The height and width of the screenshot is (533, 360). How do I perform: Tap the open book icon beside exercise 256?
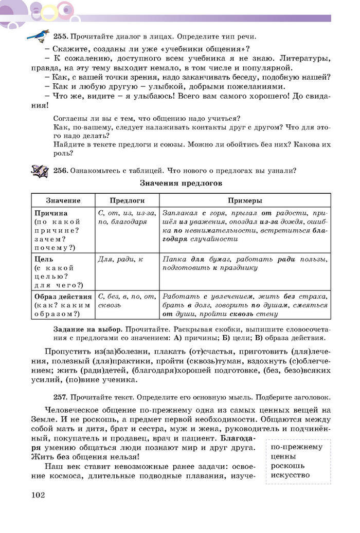click(40, 170)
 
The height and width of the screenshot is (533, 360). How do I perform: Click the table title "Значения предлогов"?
click(180, 183)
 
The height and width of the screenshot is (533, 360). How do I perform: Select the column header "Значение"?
click(63, 200)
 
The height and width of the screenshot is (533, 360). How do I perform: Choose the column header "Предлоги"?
click(127, 200)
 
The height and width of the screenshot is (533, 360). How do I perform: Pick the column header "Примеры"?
click(245, 200)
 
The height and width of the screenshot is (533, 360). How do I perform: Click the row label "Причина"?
click(50, 213)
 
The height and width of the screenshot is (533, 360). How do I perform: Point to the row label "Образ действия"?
click(63, 297)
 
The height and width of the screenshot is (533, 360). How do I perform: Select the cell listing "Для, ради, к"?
click(120, 260)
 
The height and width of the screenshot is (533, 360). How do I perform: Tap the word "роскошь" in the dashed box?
click(287, 465)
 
